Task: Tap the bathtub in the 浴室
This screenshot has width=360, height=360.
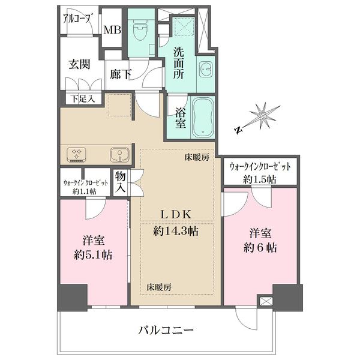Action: coord(203,118)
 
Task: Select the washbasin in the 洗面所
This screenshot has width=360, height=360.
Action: coord(206,68)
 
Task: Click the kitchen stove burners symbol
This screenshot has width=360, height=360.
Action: coord(76,154)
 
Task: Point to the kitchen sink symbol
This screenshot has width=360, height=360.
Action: coord(119,154)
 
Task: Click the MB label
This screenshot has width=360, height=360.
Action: coord(112,30)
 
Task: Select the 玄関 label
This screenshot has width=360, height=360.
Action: coord(79,64)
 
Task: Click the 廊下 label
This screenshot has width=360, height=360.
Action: coord(121,74)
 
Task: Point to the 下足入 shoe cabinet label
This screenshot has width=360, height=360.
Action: coord(83,99)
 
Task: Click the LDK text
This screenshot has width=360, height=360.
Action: coord(176,214)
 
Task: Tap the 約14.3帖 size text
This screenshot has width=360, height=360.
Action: coord(176,231)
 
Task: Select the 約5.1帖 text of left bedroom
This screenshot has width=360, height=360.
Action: coord(94,255)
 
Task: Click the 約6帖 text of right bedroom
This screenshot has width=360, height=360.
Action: coord(260,247)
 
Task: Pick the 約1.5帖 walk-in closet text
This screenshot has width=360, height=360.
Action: coord(260,179)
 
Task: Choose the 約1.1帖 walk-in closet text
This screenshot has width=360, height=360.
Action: coord(85,191)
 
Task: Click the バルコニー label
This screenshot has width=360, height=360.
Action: coord(166,331)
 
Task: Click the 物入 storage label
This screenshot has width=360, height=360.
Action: coord(121,182)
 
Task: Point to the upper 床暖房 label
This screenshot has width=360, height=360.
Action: coord(197,157)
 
